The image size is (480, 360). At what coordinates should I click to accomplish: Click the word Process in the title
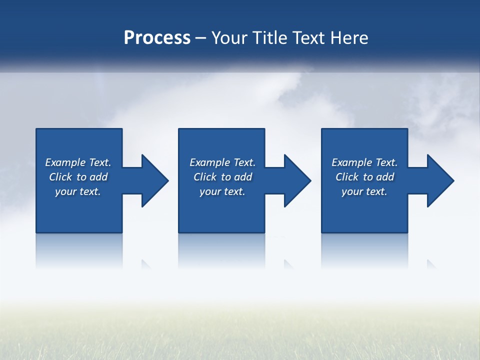pyautogui.click(x=157, y=38)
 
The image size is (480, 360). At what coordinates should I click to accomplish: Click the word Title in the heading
pyautogui.click(x=269, y=38)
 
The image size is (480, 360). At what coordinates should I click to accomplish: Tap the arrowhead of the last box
pyautogui.click(x=439, y=180)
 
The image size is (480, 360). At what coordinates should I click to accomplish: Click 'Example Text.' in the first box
pyautogui.click(x=78, y=162)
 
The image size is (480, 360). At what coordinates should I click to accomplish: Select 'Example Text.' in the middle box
pyautogui.click(x=222, y=162)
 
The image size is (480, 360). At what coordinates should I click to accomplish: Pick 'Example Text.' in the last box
pyautogui.click(x=364, y=162)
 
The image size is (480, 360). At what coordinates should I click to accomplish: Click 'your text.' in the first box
pyautogui.click(x=78, y=191)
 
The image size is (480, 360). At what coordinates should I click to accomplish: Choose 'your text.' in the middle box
pyautogui.click(x=222, y=191)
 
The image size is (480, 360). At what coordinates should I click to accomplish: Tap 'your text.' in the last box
pyautogui.click(x=364, y=191)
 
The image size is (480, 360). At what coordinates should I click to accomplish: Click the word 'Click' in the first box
pyautogui.click(x=60, y=177)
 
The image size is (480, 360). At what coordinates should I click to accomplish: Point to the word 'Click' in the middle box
pyautogui.click(x=205, y=177)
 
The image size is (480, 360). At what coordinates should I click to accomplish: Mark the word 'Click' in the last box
pyautogui.click(x=347, y=177)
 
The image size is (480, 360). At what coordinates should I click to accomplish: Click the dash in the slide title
pyautogui.click(x=201, y=38)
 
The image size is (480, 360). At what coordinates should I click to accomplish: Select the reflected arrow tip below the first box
pyautogui.click(x=146, y=264)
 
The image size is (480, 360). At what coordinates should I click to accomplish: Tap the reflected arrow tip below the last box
pyautogui.click(x=431, y=264)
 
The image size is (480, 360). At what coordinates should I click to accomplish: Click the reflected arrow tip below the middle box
pyautogui.click(x=288, y=264)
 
